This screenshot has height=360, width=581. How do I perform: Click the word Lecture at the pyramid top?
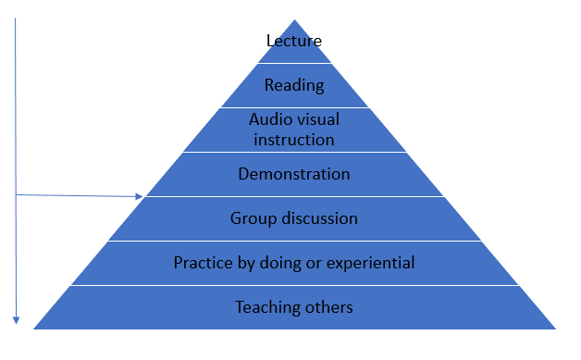tap(294, 41)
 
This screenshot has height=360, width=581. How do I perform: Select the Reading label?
tap(294, 86)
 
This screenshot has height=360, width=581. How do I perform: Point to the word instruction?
tap(294, 140)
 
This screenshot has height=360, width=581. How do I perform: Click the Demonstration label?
tap(294, 174)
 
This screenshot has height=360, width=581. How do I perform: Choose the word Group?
tap(252, 218)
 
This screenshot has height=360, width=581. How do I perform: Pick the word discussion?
tap(317, 218)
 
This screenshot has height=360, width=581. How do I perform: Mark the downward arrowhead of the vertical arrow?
tap(16, 320)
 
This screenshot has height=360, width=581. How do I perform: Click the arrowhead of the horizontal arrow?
tap(142, 196)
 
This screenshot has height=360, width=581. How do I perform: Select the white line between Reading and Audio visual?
tap(294, 107)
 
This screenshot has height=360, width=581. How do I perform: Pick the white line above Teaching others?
tap(294, 285)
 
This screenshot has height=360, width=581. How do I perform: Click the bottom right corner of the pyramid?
tap(554, 328)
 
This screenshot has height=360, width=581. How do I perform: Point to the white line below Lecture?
tap(294, 63)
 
